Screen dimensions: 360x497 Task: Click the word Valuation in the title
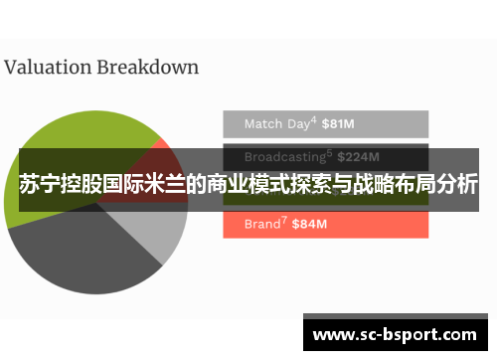pyautogui.click(x=47, y=68)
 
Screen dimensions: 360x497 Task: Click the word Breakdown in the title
pyautogui.click(x=147, y=68)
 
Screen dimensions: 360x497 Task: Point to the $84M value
pyautogui.click(x=309, y=225)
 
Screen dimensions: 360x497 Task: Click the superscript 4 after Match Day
pyautogui.click(x=314, y=120)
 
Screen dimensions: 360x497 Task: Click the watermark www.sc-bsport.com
pyautogui.click(x=394, y=335)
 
